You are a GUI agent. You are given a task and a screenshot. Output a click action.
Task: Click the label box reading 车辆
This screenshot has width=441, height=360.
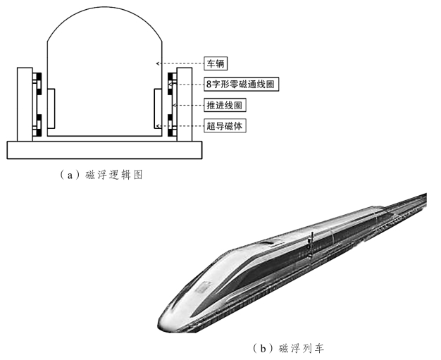pos(216,63)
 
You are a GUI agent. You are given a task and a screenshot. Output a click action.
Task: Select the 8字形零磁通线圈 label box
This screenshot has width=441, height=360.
pos(240,84)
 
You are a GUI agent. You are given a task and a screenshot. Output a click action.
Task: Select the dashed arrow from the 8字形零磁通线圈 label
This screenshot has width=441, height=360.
pos(187,84)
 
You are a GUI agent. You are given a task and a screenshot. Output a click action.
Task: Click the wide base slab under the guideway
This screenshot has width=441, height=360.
pos(104,149)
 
